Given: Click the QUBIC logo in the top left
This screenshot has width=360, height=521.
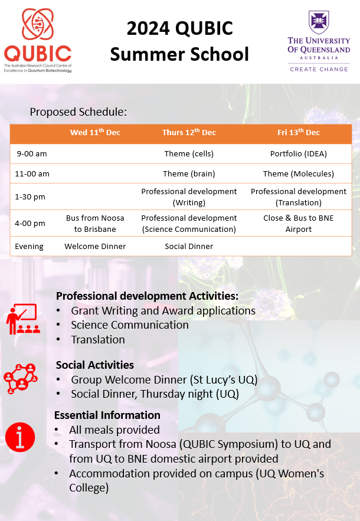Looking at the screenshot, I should pyautogui.click(x=37, y=40).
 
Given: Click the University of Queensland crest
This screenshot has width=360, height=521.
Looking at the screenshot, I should pyautogui.click(x=319, y=22).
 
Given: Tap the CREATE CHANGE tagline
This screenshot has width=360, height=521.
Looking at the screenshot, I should pyautogui.click(x=319, y=69).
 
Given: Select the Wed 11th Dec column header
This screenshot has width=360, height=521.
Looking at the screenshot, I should pyautogui.click(x=95, y=133).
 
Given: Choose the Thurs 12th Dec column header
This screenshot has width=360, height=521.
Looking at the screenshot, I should pyautogui.click(x=189, y=133).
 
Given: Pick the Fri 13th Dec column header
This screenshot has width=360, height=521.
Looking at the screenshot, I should pyautogui.click(x=299, y=133).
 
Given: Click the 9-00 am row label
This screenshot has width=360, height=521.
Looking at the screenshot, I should pyautogui.click(x=32, y=154).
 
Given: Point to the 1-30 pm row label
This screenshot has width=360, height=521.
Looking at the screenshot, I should pyautogui.click(x=31, y=197).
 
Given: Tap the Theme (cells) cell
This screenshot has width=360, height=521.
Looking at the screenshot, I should pyautogui.click(x=189, y=154).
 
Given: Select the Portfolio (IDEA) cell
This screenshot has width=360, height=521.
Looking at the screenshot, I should pyautogui.click(x=299, y=154).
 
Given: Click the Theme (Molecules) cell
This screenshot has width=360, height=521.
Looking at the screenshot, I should pyautogui.click(x=299, y=173).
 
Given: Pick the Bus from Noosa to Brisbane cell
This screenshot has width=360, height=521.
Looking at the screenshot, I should pyautogui.click(x=95, y=224).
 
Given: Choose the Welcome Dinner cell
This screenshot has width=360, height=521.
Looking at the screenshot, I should pyautogui.click(x=95, y=246).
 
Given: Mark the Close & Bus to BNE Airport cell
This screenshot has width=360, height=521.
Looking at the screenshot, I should pyautogui.click(x=299, y=224).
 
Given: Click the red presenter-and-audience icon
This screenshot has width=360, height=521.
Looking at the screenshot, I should pyautogui.click(x=21, y=319).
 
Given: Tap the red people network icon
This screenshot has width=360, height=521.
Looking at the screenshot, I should pyautogui.click(x=21, y=378).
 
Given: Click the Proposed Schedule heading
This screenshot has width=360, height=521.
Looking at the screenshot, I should pyautogui.click(x=78, y=112).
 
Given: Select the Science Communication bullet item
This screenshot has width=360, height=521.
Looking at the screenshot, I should pyautogui.click(x=130, y=325).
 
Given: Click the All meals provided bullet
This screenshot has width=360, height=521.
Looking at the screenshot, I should pyautogui.click(x=114, y=430).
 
